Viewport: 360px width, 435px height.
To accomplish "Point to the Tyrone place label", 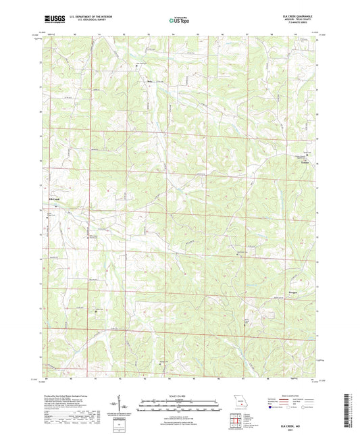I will (305, 162).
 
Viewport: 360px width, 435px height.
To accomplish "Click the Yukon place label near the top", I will (150, 82).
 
